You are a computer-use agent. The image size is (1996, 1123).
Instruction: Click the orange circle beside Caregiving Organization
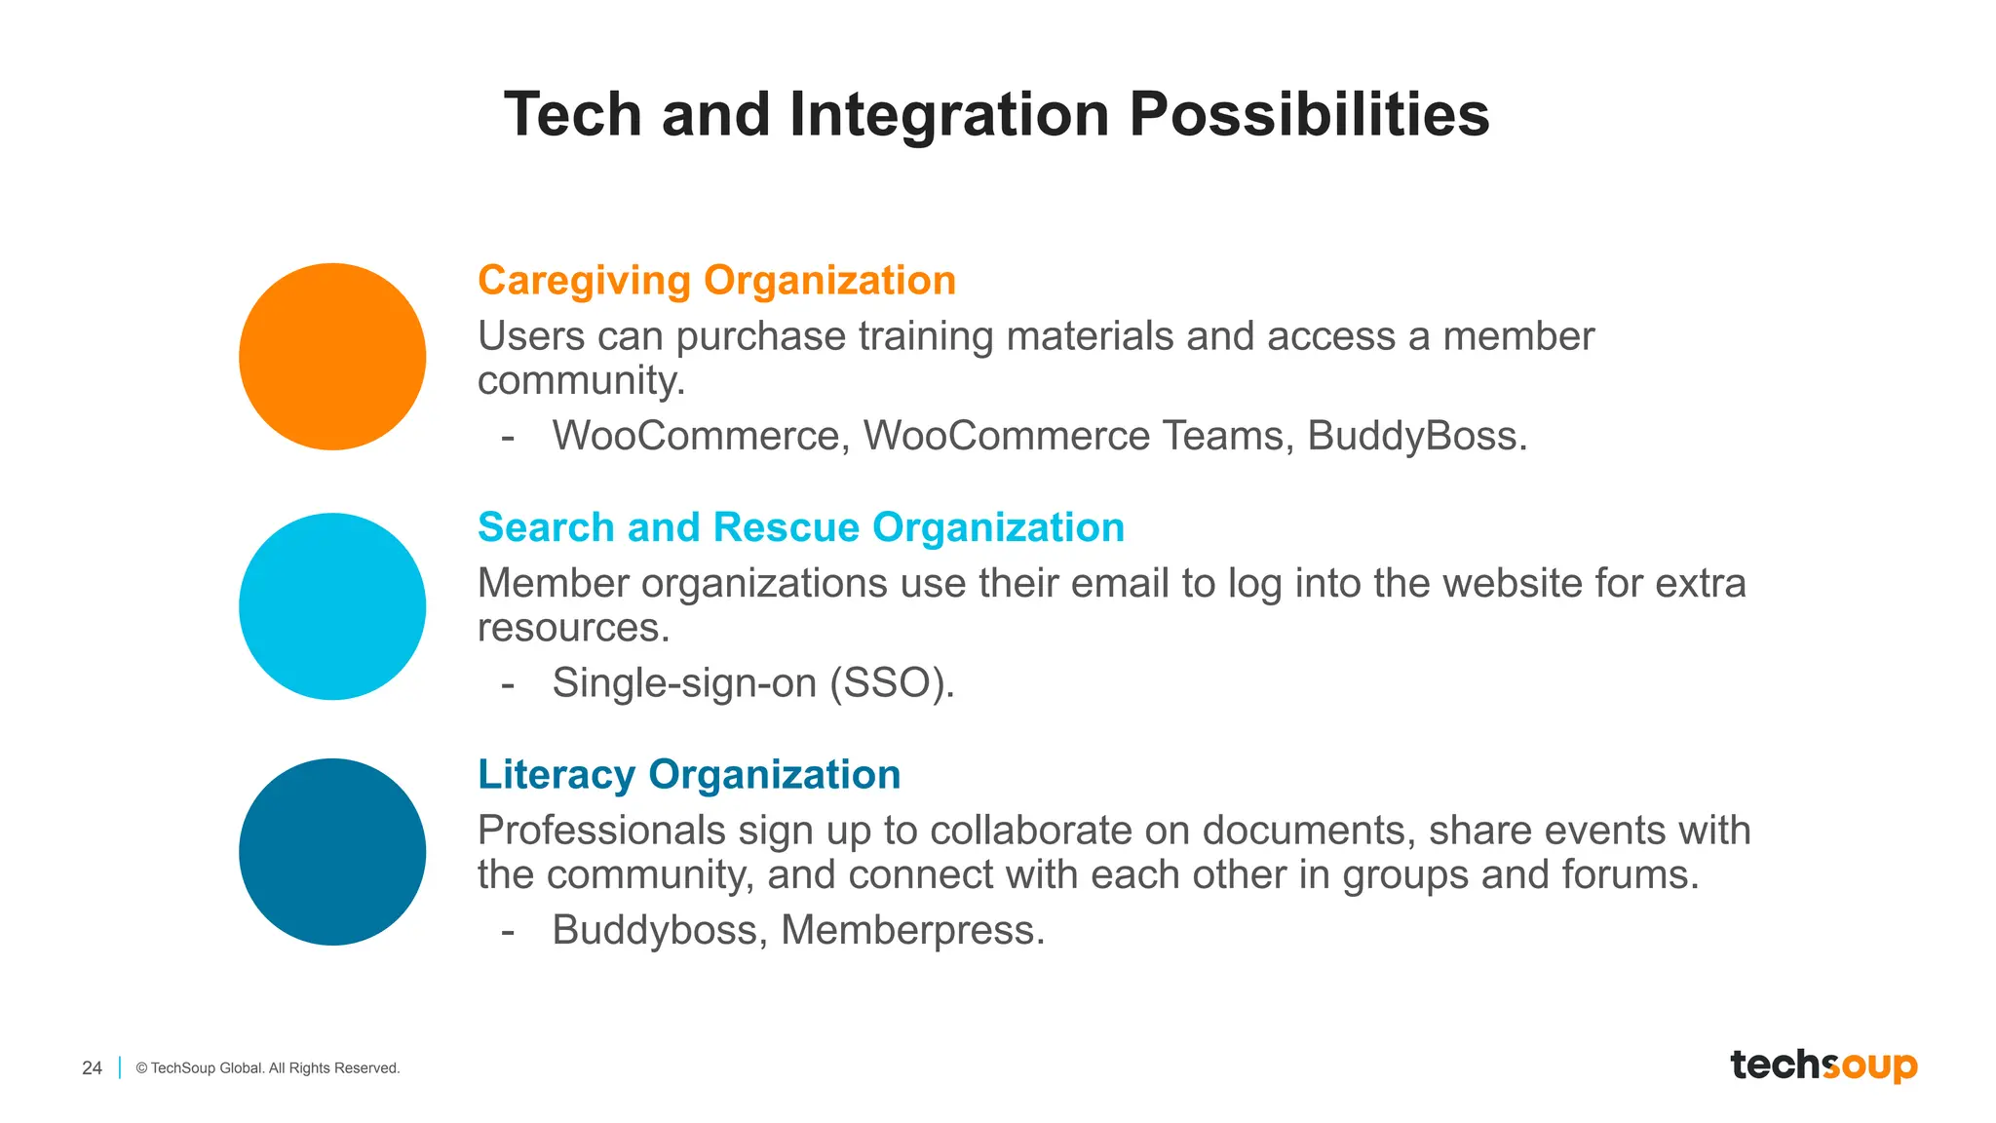[x=332, y=357]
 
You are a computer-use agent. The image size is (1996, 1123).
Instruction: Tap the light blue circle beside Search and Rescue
[x=332, y=606]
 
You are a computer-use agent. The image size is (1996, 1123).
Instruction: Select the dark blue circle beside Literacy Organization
[x=332, y=852]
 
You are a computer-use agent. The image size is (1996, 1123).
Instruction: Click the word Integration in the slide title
[x=949, y=114]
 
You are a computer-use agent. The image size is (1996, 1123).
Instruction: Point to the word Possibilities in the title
[x=1309, y=114]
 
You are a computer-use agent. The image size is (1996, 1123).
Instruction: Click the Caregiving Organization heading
[x=716, y=281]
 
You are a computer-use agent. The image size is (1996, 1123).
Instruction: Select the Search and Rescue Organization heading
[x=800, y=527]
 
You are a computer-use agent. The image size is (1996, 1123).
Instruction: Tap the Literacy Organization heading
[x=688, y=775]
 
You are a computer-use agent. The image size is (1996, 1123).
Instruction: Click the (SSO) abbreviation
[x=891, y=682]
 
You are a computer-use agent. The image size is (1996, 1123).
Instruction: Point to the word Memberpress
[x=912, y=930]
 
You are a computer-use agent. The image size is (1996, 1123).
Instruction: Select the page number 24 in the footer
[x=92, y=1067]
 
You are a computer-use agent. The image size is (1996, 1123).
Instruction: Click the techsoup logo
[x=1823, y=1065]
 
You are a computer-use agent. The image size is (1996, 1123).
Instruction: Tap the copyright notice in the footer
[x=268, y=1068]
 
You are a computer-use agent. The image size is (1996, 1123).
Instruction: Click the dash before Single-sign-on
[x=508, y=683]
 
